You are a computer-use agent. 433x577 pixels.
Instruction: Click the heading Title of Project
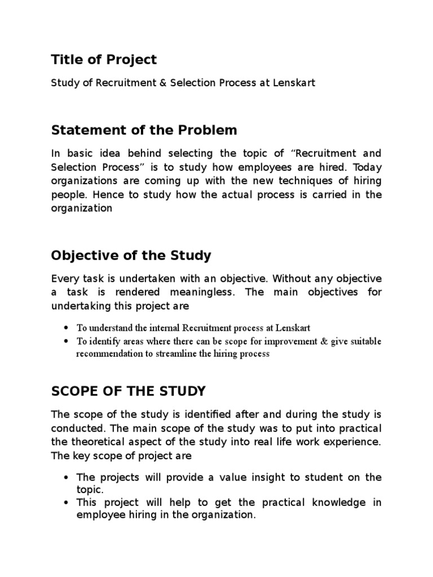(104, 59)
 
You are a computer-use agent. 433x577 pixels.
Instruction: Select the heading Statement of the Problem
(144, 130)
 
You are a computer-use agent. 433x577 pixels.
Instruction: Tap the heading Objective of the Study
(131, 255)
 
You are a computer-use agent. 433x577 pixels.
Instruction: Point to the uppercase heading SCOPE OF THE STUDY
(129, 390)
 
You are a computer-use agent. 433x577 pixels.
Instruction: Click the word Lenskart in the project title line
(294, 83)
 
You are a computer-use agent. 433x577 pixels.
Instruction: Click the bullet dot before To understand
(67, 328)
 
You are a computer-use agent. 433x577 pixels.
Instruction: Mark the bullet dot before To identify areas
(67, 341)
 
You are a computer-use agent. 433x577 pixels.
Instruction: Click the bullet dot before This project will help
(67, 503)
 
